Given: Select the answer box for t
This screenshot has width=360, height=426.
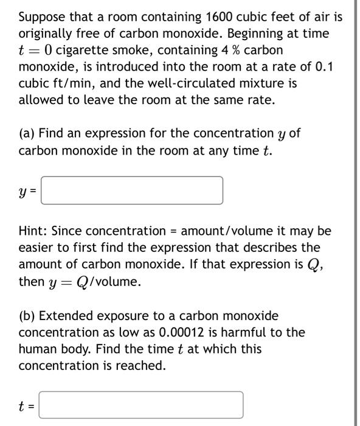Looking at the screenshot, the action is [141, 405].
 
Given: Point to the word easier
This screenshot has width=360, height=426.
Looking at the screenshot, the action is [38, 248].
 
